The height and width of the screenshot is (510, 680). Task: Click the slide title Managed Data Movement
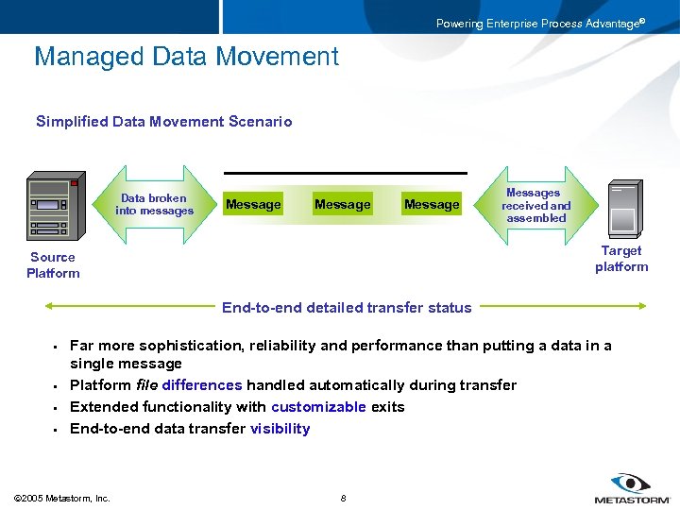[186, 57]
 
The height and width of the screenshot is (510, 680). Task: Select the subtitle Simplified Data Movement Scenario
[163, 121]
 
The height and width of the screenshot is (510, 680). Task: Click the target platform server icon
[622, 209]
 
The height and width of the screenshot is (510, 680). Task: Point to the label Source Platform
[53, 265]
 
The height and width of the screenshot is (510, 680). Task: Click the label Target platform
[621, 259]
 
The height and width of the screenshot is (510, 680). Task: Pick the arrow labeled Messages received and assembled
[536, 205]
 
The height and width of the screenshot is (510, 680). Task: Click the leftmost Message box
[253, 205]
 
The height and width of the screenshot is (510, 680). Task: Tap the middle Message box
[342, 205]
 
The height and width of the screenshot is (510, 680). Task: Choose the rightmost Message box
[432, 205]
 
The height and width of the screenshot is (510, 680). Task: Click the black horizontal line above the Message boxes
[345, 173]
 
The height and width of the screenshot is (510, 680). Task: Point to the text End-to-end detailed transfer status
[347, 307]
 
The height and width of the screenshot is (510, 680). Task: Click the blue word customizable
[318, 407]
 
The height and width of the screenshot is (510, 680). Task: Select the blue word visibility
[280, 429]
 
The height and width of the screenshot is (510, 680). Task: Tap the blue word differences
[202, 385]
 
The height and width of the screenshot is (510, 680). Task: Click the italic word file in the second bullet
[145, 385]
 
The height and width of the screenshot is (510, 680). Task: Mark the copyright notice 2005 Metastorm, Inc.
[62, 498]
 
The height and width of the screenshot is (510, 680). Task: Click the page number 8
[343, 498]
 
